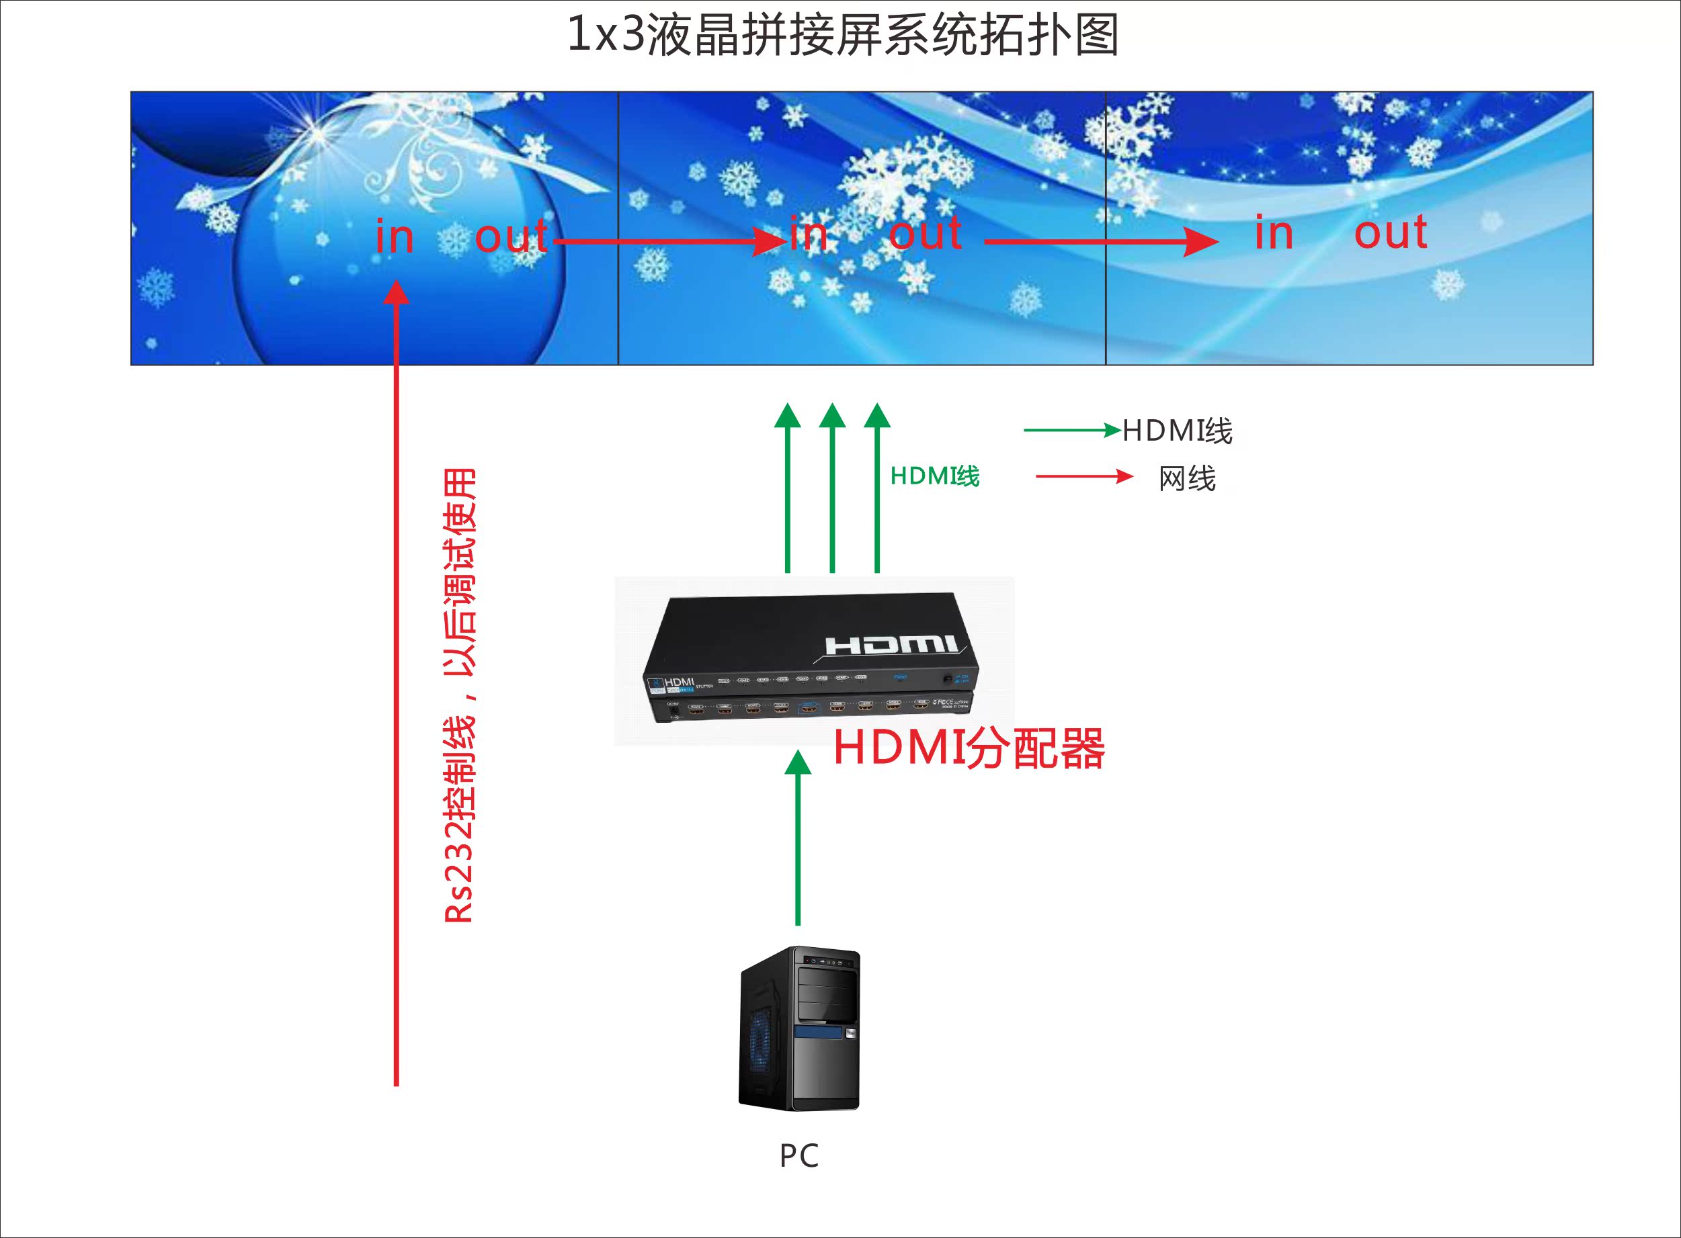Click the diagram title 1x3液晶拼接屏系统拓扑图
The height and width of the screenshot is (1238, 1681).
point(843,35)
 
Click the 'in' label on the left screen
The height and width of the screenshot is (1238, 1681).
point(395,237)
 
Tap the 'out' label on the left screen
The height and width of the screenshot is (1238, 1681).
point(511,237)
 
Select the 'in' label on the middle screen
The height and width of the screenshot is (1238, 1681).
point(809,234)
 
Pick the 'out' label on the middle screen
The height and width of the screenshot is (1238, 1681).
point(926,233)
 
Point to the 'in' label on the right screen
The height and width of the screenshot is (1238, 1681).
point(1274,233)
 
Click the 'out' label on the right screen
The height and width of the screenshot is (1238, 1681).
point(1390,233)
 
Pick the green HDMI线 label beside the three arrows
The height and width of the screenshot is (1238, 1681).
point(934,476)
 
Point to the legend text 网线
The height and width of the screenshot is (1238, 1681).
point(1187,478)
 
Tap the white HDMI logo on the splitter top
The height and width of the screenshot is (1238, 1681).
point(891,644)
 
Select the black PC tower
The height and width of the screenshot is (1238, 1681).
point(799,1028)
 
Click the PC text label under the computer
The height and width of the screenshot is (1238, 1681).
point(798,1155)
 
